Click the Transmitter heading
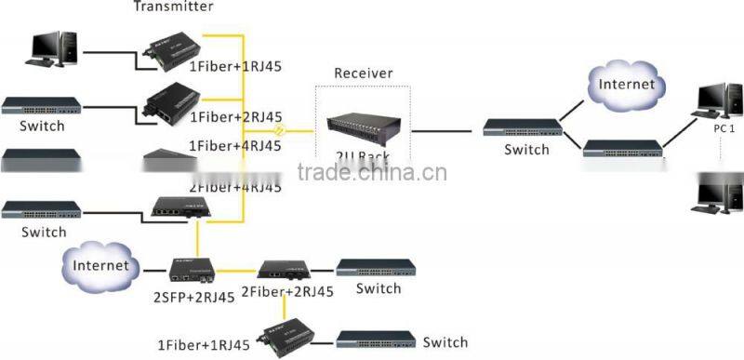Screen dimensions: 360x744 173,7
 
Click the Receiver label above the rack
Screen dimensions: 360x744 363,73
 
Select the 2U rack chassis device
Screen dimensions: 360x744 363,130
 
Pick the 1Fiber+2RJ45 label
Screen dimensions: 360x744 235,117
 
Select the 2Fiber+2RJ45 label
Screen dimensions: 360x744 286,291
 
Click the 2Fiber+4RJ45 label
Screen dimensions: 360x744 235,186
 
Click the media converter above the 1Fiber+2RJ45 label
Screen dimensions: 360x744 172,97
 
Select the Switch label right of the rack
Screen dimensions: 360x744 527,149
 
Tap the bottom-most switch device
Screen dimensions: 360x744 377,340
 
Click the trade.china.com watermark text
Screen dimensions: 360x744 371,173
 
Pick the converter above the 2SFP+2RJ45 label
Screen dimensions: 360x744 193,270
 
